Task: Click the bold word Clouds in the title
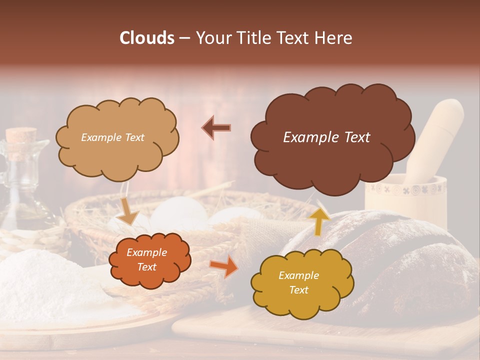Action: coord(146,38)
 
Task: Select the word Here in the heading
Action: coord(333,38)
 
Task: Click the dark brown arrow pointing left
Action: coord(216,127)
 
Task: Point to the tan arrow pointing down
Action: coord(129,211)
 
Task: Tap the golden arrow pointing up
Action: coord(320,220)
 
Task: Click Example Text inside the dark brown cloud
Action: coord(326,137)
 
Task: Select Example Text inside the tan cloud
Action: coord(112,137)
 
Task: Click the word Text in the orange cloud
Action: coord(146,267)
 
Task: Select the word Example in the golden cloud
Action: coord(298,275)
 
